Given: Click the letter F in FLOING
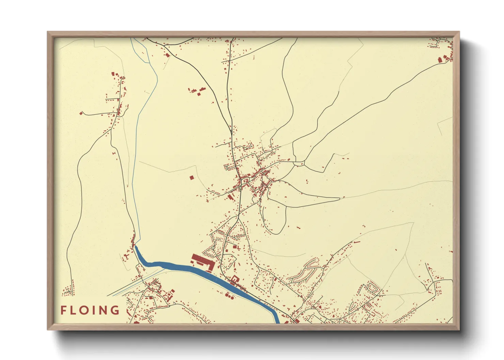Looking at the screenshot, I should click(x=63, y=310).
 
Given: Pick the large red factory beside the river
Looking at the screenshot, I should click(x=202, y=262).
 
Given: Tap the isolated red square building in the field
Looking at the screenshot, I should click(x=191, y=178).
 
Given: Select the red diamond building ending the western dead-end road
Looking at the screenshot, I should click(x=81, y=113).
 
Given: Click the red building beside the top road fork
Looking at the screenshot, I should click(x=167, y=55).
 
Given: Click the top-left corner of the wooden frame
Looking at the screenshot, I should click(x=48, y=32).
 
